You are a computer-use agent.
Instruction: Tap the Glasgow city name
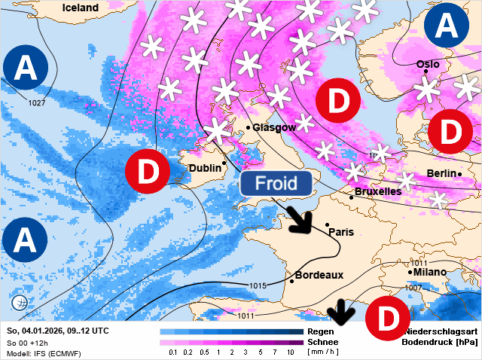click(274, 127)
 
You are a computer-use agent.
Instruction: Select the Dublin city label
click(205, 168)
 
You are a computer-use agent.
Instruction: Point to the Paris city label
click(341, 231)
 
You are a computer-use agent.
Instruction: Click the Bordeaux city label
click(319, 275)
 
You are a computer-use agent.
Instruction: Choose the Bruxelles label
click(377, 191)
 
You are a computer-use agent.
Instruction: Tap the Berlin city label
click(441, 173)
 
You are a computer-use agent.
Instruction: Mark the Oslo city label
click(428, 64)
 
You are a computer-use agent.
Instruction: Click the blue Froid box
click(277, 183)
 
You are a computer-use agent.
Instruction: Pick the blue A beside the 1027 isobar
click(26, 69)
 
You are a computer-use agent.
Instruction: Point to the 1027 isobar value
click(36, 102)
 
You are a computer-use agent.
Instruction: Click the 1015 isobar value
click(258, 285)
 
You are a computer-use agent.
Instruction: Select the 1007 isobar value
click(413, 288)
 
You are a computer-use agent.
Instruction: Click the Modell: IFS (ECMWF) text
click(43, 353)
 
